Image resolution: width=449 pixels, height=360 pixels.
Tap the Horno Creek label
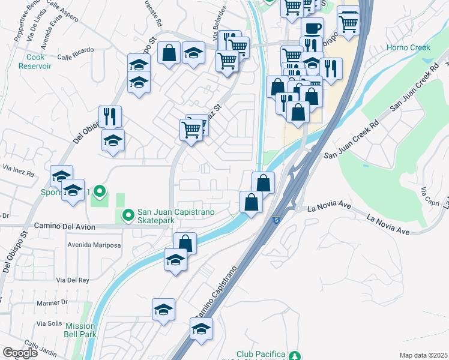click(x=408, y=47)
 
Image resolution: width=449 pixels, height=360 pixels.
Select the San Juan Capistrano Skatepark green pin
click(x=128, y=215)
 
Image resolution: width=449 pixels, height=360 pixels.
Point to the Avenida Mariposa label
click(x=94, y=245)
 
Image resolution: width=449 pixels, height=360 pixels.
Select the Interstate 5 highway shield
click(x=276, y=221)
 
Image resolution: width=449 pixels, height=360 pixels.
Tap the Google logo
click(x=20, y=353)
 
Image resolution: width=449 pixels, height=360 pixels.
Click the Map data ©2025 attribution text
click(x=423, y=355)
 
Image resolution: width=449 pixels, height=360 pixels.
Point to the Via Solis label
click(x=50, y=323)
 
